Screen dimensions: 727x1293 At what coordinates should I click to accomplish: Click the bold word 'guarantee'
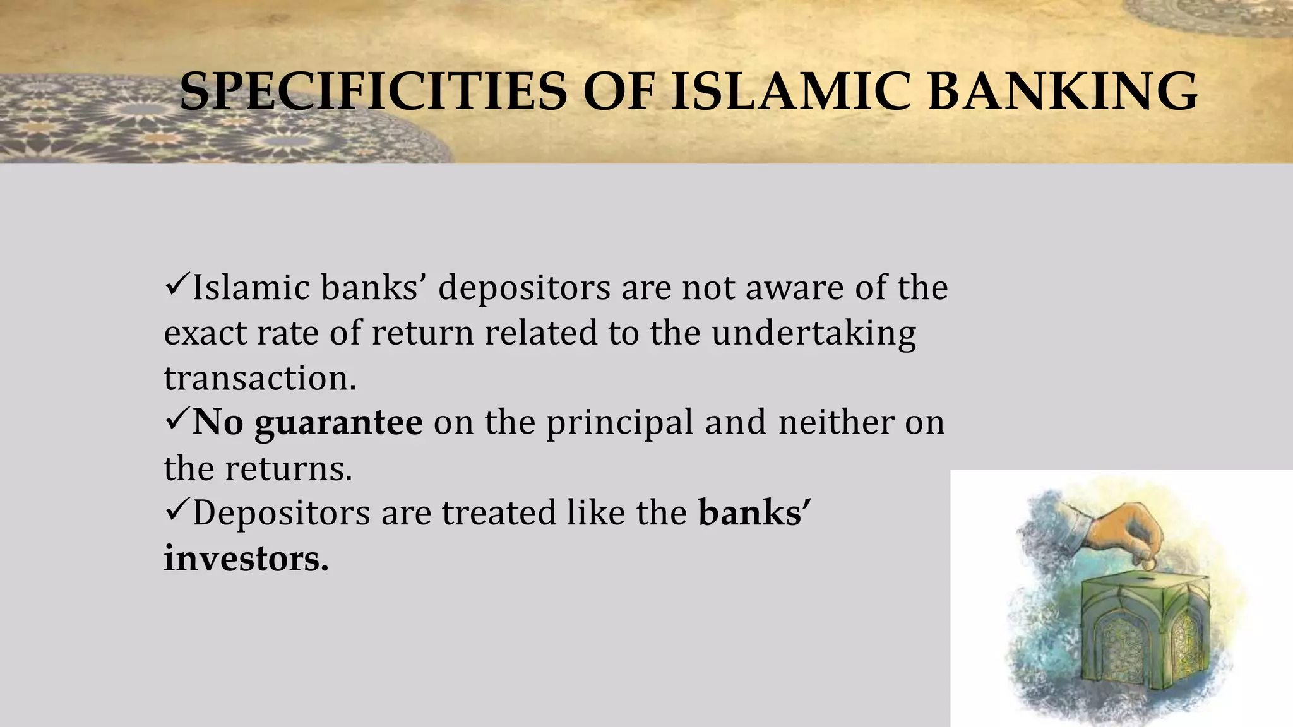[x=338, y=423]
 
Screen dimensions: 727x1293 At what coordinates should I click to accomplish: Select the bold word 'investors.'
[x=246, y=558]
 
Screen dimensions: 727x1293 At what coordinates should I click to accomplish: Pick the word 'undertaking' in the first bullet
[x=814, y=333]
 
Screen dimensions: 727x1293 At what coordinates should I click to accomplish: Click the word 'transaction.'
[x=260, y=378]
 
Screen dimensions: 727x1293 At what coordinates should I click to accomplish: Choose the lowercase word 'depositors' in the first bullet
[x=524, y=288]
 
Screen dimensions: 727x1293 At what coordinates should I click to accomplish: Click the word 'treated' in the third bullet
[x=498, y=512]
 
